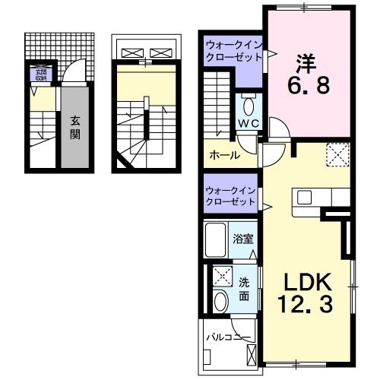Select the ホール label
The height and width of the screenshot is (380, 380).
pyautogui.click(x=225, y=155)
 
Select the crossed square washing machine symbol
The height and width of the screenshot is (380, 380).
pyautogui.click(x=220, y=276)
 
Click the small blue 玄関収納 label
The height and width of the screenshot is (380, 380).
pyautogui.click(x=38, y=74)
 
